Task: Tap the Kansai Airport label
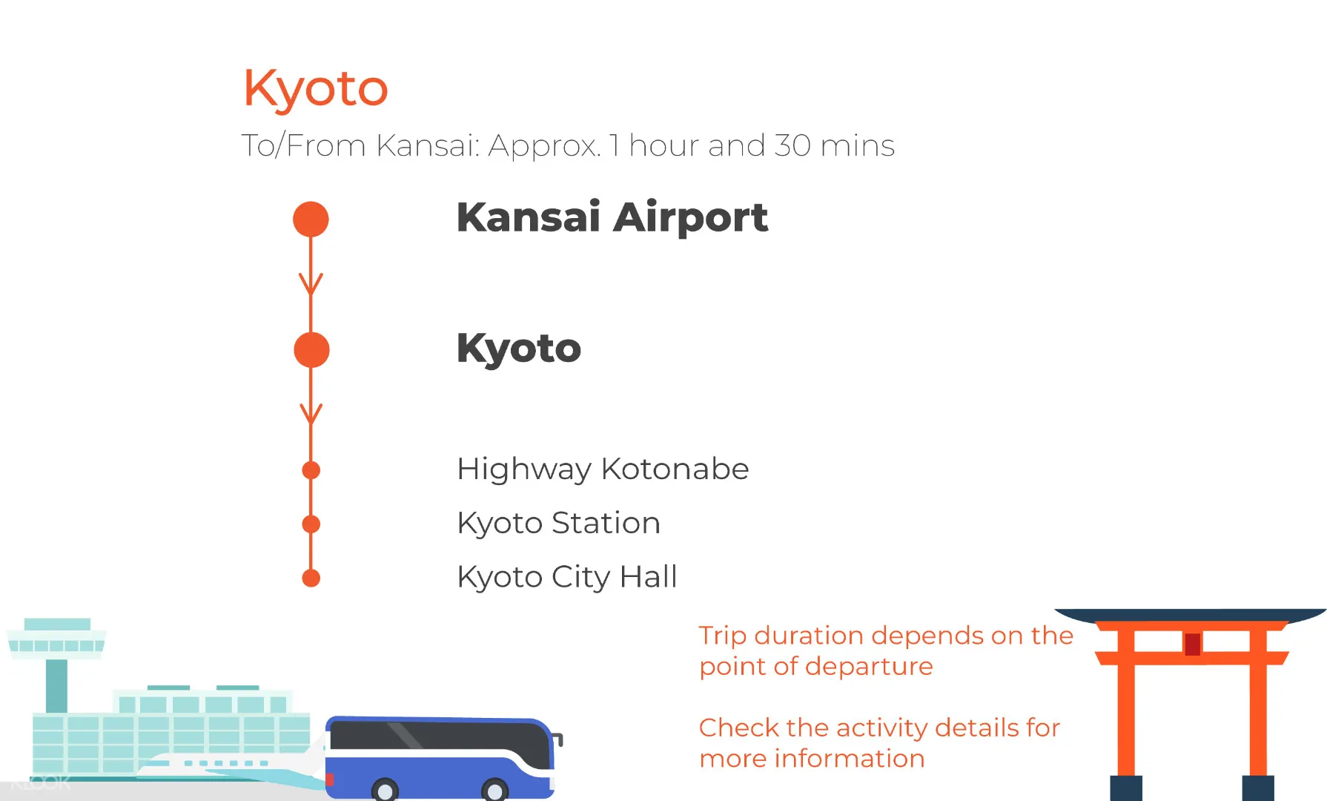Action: pyautogui.click(x=612, y=217)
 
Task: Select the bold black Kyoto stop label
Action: pyautogui.click(x=519, y=349)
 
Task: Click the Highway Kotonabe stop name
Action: pyautogui.click(x=603, y=469)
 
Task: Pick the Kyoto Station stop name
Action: pyautogui.click(x=558, y=524)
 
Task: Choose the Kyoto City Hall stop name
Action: pyautogui.click(x=567, y=577)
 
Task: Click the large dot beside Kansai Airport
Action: pyautogui.click(x=311, y=220)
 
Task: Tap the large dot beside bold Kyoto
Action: pyautogui.click(x=311, y=350)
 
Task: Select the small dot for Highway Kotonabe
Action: pyautogui.click(x=311, y=470)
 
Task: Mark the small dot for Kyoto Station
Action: pyautogui.click(x=311, y=524)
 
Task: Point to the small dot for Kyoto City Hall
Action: pyautogui.click(x=311, y=578)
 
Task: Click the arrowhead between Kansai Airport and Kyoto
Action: pyautogui.click(x=311, y=285)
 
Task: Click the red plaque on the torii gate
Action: pyautogui.click(x=1192, y=644)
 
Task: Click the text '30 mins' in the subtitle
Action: pyautogui.click(x=834, y=145)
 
